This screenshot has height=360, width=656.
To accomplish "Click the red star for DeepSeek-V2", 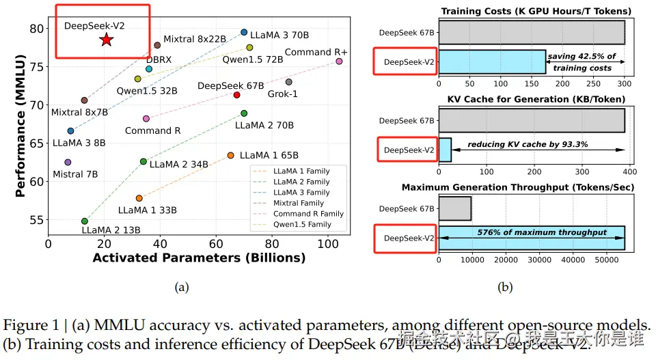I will [106, 40].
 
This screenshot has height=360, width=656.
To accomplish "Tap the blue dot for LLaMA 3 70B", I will [244, 32].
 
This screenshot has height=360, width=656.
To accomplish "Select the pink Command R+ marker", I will [339, 61].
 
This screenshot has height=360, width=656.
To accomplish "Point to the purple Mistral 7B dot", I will [68, 163].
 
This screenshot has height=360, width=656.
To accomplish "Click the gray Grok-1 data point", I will [289, 82].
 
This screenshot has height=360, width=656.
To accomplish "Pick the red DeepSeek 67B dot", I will [236, 95].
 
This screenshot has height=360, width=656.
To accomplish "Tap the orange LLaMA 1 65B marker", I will [230, 156].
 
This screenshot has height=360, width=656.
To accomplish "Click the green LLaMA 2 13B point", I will [85, 221].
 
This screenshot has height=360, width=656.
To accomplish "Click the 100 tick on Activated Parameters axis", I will [328, 243].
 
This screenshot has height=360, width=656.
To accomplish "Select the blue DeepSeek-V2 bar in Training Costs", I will [492, 61].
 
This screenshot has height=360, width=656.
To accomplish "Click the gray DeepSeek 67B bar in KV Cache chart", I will [532, 120].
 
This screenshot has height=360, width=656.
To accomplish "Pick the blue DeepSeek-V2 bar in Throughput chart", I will [532, 238].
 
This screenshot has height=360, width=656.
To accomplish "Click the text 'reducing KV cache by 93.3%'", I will [527, 145].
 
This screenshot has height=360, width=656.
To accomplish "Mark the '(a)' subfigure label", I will [181, 288].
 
